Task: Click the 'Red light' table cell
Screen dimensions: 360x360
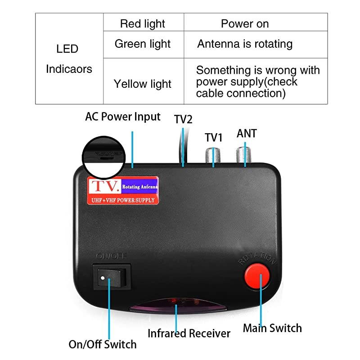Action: (143, 24)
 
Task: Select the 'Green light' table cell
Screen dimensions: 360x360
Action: (143, 44)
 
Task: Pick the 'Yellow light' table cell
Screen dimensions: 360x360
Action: (143, 84)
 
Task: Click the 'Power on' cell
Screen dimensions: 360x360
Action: (245, 24)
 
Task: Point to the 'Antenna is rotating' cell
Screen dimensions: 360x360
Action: (245, 44)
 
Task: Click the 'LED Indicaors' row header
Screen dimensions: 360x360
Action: (68, 58)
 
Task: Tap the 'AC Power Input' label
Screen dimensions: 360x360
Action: (123, 117)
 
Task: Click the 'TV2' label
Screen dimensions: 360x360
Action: (183, 119)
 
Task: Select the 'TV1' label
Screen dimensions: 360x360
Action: (214, 137)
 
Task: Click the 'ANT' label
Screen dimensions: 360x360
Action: (247, 134)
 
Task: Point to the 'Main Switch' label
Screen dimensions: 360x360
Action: (272, 328)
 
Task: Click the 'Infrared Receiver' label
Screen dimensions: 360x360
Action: (189, 333)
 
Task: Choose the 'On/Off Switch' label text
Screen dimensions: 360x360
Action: (102, 345)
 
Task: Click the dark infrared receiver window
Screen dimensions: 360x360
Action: (176, 306)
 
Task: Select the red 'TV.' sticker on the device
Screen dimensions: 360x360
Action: (121, 190)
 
